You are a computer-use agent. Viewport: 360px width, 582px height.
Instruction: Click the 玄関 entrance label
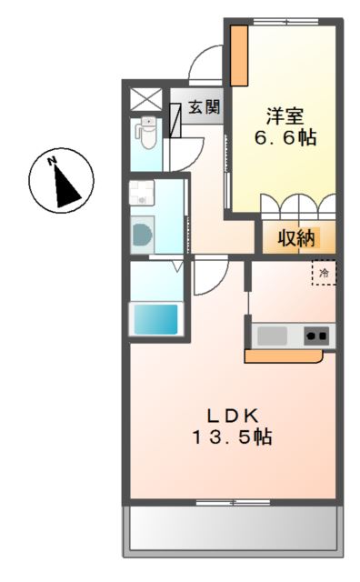(205, 107)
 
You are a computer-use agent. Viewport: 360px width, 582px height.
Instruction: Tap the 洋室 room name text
(285, 116)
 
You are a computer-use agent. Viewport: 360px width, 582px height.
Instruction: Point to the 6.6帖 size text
(285, 137)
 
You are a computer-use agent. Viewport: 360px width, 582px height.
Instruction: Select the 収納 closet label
(296, 238)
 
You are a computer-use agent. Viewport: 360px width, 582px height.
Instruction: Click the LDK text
(233, 416)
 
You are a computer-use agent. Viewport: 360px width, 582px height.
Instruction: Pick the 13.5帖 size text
(232, 436)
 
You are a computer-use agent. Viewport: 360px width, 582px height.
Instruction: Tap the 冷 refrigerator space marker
(324, 273)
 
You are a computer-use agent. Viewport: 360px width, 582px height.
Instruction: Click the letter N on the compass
(52, 161)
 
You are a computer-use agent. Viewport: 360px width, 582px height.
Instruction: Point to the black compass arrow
(66, 186)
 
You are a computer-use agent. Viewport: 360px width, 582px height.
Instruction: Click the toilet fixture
(147, 132)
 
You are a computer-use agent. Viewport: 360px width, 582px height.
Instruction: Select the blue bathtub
(155, 319)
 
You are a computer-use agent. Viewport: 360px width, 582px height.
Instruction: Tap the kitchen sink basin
(272, 336)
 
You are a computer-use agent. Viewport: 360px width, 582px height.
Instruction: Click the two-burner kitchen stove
(316, 336)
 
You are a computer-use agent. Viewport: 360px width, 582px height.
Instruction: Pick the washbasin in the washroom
(142, 193)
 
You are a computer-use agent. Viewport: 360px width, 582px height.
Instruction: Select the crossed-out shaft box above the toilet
(146, 99)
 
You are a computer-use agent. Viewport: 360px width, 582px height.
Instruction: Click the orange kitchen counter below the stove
(284, 356)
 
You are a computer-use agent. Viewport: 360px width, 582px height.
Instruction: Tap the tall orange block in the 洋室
(239, 55)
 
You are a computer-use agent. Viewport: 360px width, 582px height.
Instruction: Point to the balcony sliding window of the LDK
(233, 503)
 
